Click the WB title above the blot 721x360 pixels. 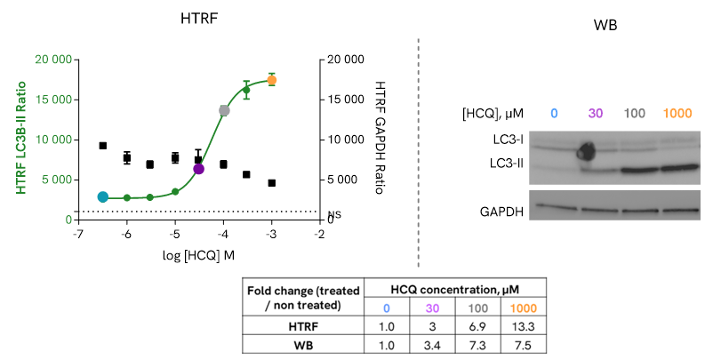click(x=604, y=26)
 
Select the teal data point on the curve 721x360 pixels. click(x=103, y=196)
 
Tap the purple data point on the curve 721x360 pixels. click(x=198, y=168)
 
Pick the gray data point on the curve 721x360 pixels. click(x=224, y=110)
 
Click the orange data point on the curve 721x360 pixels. click(x=271, y=80)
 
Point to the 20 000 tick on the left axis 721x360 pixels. click(x=52, y=60)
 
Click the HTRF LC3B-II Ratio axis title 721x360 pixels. click(x=21, y=139)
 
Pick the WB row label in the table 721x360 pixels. click(x=302, y=345)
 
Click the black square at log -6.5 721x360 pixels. click(x=103, y=146)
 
